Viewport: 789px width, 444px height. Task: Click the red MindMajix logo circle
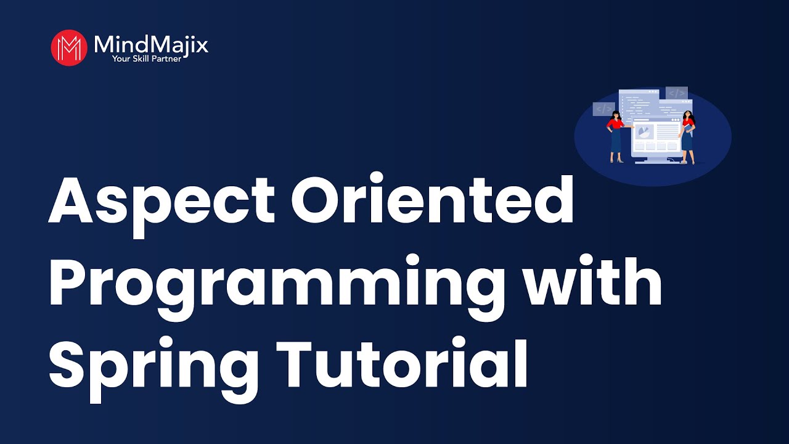click(x=69, y=47)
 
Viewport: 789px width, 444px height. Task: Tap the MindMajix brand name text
click(x=151, y=44)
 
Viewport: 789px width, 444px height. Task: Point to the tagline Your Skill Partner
click(x=146, y=59)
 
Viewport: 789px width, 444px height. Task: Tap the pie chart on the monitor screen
click(x=645, y=132)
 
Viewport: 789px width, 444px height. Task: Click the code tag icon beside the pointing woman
click(x=603, y=109)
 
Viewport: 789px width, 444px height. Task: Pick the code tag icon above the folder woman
click(x=676, y=93)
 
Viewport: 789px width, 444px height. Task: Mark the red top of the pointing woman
click(x=615, y=124)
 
